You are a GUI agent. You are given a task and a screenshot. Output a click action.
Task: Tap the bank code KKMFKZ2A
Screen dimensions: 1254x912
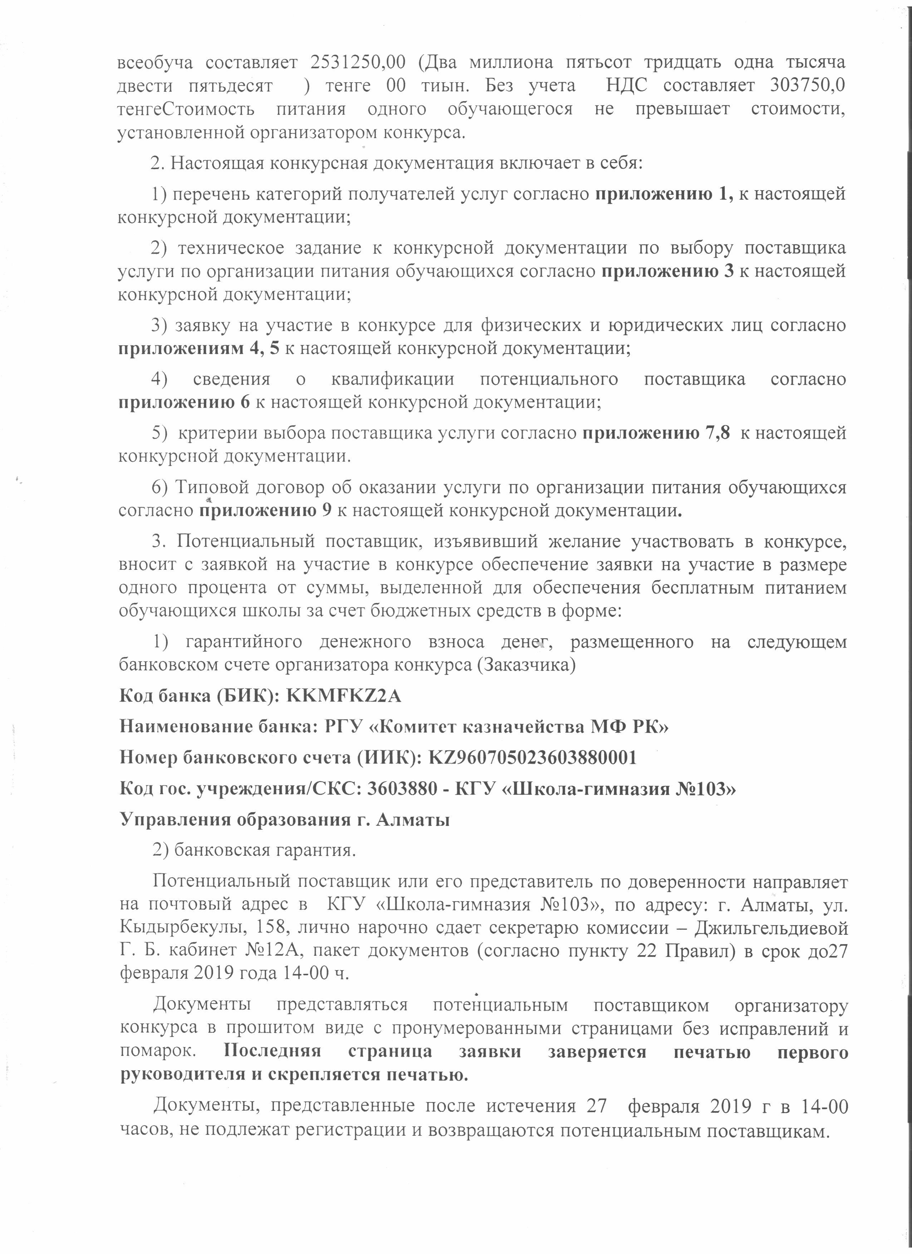point(343,696)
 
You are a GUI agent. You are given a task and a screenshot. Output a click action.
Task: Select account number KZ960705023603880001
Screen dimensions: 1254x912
point(533,757)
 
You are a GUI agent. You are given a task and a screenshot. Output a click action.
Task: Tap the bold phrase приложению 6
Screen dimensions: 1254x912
point(184,402)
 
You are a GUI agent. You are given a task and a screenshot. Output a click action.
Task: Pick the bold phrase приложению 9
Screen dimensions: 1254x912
point(265,510)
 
